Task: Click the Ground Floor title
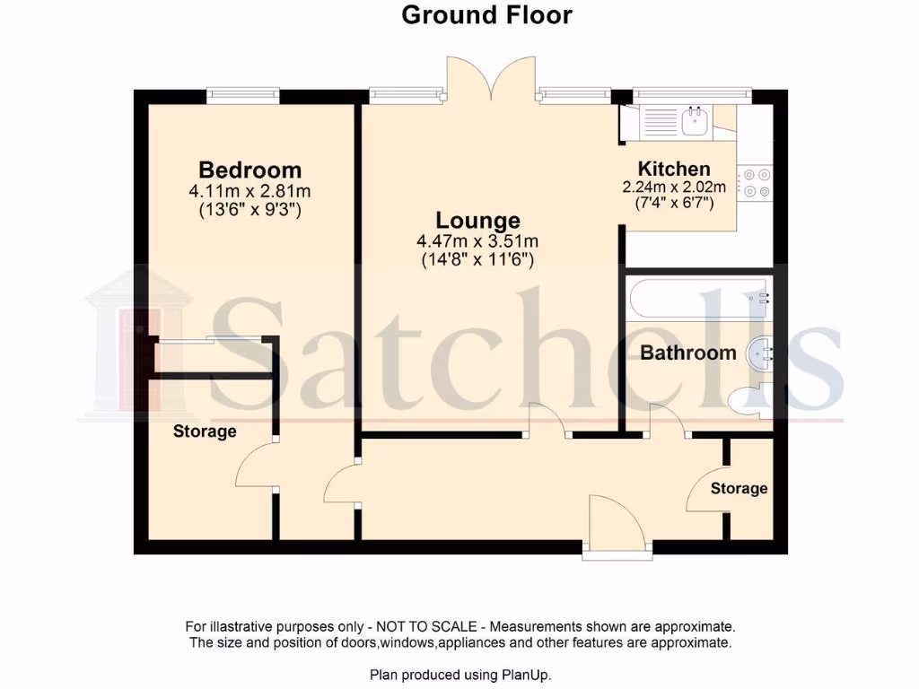point(486,15)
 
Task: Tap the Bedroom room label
point(249,170)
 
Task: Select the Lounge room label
point(477,220)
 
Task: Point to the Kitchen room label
point(674,169)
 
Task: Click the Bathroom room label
point(687,353)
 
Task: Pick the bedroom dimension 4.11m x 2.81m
point(249,191)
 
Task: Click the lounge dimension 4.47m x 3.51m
point(477,241)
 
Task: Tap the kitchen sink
point(694,121)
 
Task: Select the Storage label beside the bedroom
point(205,432)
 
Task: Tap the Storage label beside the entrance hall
point(739,488)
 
